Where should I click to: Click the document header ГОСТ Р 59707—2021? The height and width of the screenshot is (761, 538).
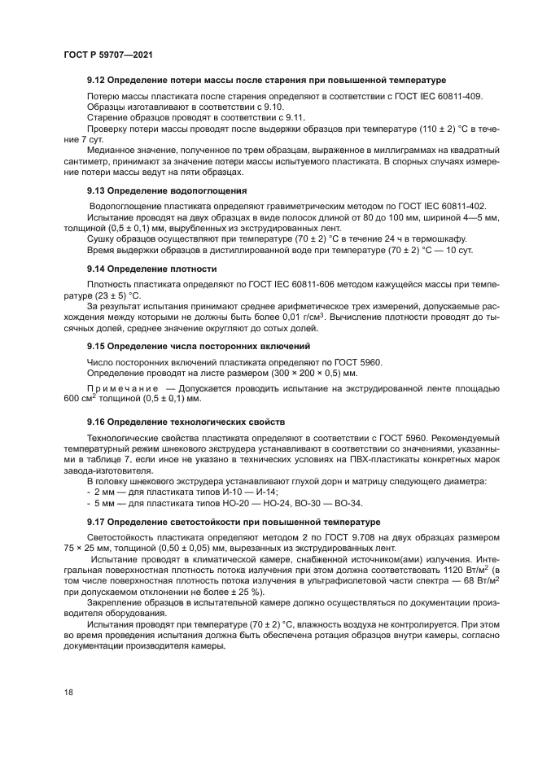[108, 53]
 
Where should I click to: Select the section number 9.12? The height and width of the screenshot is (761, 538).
[98, 81]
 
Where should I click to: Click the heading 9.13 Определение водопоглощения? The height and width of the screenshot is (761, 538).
[167, 190]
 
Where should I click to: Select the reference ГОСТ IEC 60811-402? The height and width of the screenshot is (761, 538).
[433, 207]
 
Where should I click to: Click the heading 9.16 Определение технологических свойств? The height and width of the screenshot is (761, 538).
[186, 422]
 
